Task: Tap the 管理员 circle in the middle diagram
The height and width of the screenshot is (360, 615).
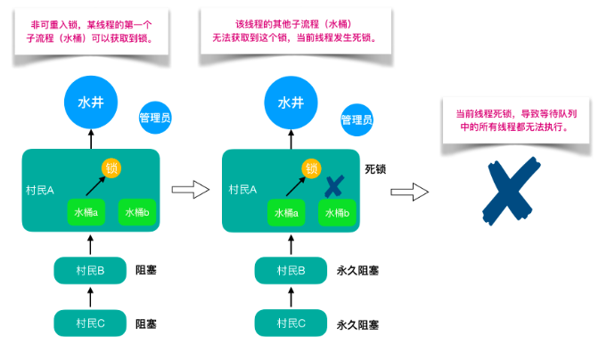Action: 357,119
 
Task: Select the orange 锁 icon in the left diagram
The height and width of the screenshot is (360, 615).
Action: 111,168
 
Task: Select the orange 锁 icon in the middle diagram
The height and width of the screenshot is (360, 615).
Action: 311,168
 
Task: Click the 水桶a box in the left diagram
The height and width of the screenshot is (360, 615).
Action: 86,213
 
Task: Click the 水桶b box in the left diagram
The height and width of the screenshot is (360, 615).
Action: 137,213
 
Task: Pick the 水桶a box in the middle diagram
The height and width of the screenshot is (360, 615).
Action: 286,213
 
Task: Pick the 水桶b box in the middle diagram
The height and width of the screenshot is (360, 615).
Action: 337,213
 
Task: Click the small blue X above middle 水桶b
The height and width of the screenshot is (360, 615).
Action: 334,186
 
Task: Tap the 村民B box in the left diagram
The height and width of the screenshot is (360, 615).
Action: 90,270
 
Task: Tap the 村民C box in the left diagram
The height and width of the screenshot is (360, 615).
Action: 90,323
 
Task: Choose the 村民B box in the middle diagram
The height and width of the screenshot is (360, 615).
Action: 291,270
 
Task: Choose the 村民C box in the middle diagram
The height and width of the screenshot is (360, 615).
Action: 291,323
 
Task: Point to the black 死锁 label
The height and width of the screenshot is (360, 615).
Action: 375,168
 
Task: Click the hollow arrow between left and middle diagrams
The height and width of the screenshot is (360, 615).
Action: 189,189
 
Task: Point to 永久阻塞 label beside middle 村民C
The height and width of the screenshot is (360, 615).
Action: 358,323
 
